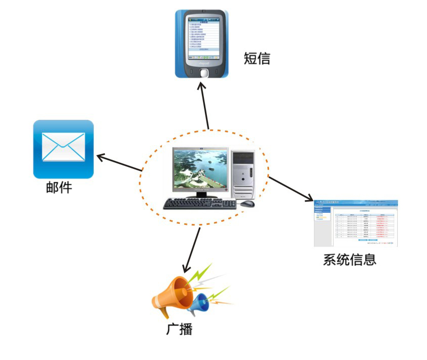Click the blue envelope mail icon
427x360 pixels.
click(63, 149)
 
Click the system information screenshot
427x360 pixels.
click(355, 223)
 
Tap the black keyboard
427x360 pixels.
click(200, 204)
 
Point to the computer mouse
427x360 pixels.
click(247, 204)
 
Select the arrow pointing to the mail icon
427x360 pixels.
click(119, 163)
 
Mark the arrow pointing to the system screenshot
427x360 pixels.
click(291, 189)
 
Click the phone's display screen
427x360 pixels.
click(202, 36)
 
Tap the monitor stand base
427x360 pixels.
click(201, 196)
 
